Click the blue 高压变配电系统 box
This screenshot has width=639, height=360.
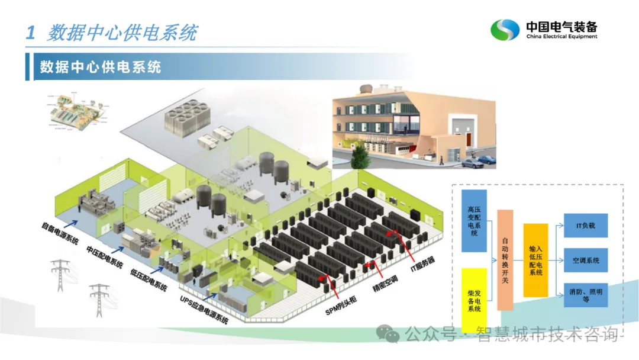pos(474,221)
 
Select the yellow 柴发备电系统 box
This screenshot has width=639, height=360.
pos(474,300)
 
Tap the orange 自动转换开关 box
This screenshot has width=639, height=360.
pos(505,259)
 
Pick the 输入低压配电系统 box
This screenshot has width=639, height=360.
pos(535,260)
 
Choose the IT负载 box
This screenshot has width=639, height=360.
pos(585,226)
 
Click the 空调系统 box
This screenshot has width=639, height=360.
pos(585,260)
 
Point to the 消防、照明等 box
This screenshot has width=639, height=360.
pos(585,294)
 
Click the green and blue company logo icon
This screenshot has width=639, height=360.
pos(505,30)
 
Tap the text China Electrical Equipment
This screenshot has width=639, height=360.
pos(561,37)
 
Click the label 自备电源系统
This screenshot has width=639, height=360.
pos(60,232)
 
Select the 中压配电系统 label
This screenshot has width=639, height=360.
pos(104,255)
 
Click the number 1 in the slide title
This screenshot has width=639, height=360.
pos(31,33)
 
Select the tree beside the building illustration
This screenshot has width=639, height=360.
pos(359,156)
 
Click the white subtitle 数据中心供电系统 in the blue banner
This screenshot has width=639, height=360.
pos(101,66)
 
